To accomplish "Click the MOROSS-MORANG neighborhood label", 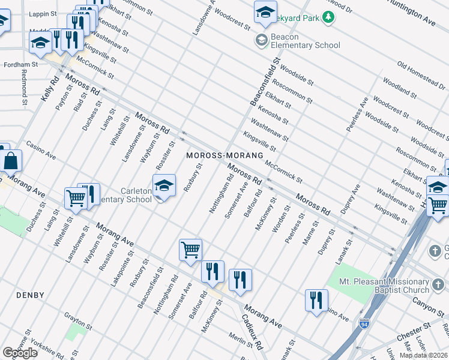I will pos(225,155).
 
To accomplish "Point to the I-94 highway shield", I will pos(364,325).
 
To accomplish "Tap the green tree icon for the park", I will pos(328,17).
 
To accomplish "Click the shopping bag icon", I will pos(11,161).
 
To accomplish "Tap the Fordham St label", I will pos(20,64).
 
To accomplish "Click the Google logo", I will pos(20,352).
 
